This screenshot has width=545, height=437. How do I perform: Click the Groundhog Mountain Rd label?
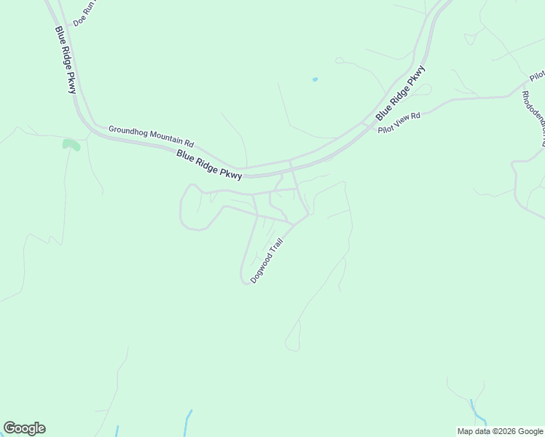(x=152, y=136)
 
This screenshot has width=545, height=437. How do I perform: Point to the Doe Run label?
(x=85, y=14)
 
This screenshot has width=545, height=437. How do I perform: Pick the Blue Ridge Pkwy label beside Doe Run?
(x=65, y=60)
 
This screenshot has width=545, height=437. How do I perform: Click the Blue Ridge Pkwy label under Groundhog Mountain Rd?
(x=209, y=165)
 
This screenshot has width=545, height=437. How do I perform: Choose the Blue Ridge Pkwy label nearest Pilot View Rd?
(x=400, y=93)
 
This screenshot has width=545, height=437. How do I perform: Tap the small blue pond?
(x=315, y=79)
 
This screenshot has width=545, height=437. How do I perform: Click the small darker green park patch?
(x=71, y=144)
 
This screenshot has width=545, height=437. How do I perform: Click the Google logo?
(x=24, y=428)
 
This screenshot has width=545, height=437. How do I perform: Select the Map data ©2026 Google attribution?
(x=501, y=431)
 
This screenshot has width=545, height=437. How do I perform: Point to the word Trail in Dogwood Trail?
(x=275, y=245)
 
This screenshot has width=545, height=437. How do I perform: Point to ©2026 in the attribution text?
(x=509, y=431)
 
